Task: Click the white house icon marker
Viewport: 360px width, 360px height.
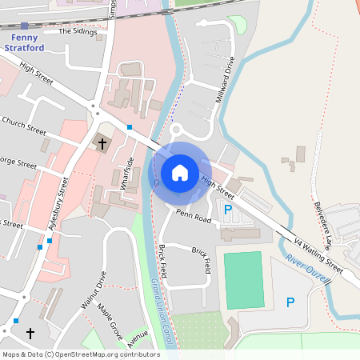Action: coord(180,172)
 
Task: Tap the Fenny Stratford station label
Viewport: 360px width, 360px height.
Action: coord(24,41)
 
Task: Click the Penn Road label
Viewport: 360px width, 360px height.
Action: coord(194,216)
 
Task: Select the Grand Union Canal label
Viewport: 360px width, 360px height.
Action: coord(162,312)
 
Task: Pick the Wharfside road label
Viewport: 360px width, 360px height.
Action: coord(126,172)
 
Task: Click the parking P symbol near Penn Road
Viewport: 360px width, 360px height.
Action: coord(228,210)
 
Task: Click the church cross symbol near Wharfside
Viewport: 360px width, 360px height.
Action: coord(102,144)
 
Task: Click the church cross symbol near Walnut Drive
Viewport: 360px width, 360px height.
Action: coord(31,332)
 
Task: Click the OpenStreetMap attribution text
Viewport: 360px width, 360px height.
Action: coord(81,354)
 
